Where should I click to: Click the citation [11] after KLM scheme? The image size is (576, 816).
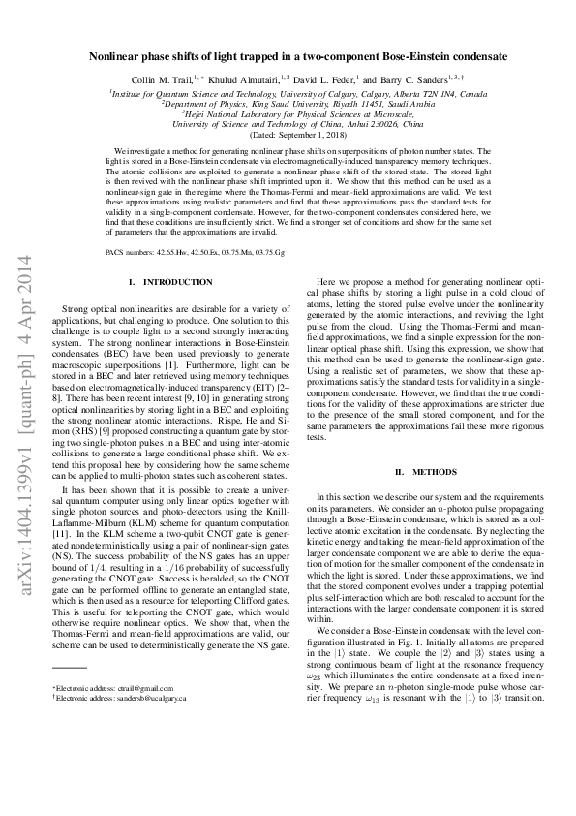(x=70, y=533)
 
